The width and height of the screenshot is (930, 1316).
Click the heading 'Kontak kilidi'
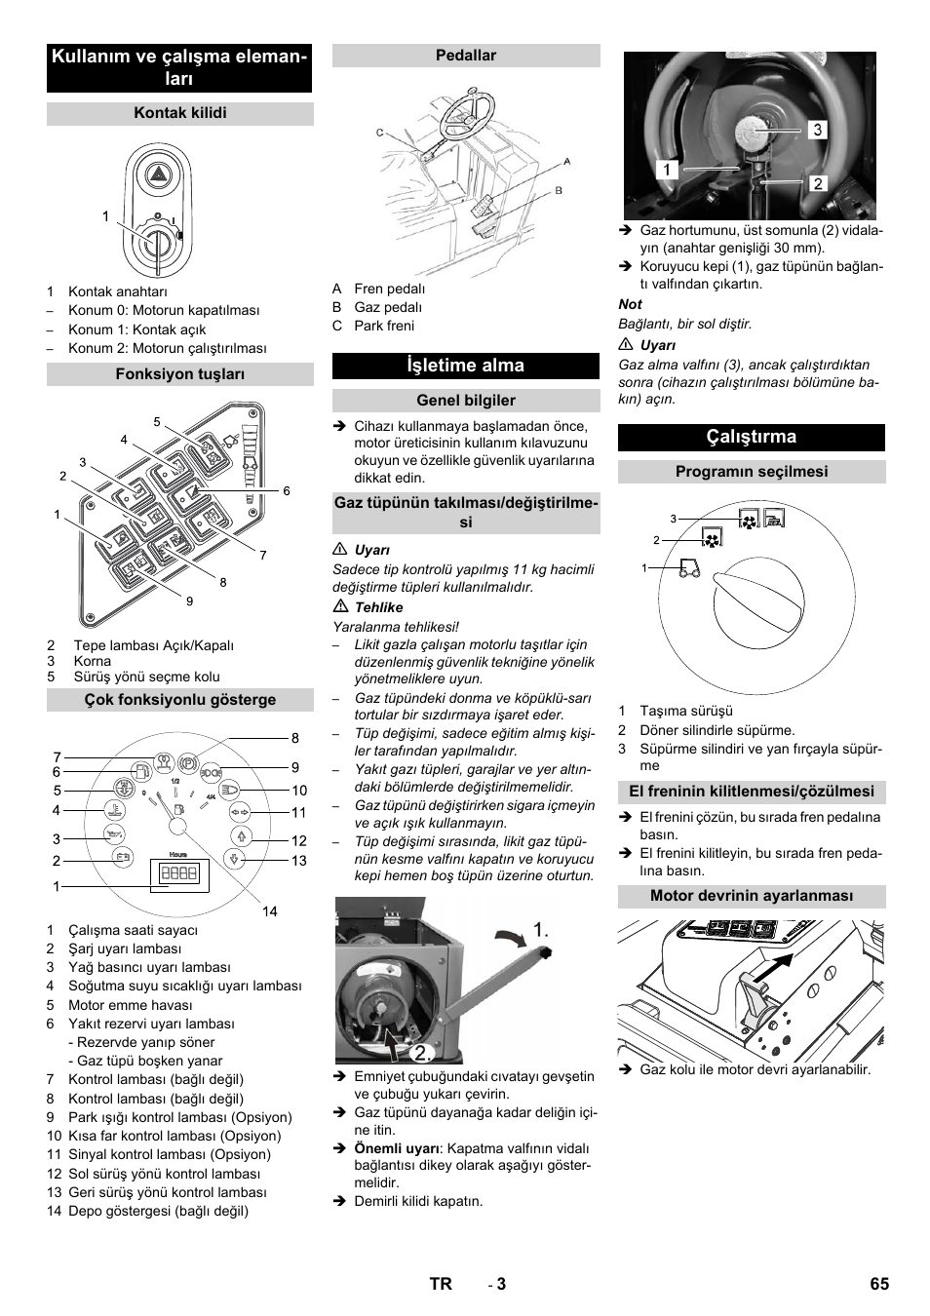coord(180,113)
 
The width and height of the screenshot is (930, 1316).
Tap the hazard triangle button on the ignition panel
coord(156,176)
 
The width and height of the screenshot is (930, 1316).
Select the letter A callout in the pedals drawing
coord(567,162)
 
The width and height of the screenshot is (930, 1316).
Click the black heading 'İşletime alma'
coord(466,366)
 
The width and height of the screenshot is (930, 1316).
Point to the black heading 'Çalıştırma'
coord(751,437)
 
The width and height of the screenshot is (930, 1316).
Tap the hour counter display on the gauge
coord(178,873)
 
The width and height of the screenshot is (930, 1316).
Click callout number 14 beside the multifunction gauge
coord(269,911)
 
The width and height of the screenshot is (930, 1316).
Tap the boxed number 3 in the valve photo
coord(817,130)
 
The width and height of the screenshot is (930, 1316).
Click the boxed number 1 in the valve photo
coord(668,170)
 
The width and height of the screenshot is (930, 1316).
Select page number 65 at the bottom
coord(879,1284)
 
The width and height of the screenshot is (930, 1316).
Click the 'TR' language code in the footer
coord(441,1284)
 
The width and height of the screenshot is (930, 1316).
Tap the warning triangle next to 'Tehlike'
coord(339,607)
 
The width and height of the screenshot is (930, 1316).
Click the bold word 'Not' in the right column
coord(631,304)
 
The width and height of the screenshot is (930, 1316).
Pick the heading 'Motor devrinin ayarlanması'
coord(751,896)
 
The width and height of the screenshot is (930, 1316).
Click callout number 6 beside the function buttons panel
coord(287,491)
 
